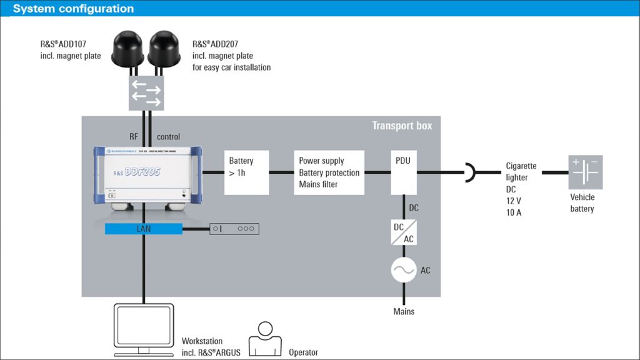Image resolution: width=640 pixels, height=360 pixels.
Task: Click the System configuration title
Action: (x=73, y=9)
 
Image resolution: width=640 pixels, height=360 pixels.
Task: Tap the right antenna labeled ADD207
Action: (x=164, y=49)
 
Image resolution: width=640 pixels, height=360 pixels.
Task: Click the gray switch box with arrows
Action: (x=146, y=93)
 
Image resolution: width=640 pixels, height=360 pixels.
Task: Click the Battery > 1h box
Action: (x=246, y=172)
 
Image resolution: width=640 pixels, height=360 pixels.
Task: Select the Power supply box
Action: (x=329, y=172)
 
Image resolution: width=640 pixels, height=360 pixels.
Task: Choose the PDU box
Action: (x=404, y=172)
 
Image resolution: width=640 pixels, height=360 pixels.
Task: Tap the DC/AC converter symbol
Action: (x=404, y=232)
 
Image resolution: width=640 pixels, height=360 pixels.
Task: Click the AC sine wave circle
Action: (x=404, y=270)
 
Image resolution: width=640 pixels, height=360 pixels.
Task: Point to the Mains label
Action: (x=404, y=311)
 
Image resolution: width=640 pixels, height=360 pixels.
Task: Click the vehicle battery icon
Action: (x=585, y=172)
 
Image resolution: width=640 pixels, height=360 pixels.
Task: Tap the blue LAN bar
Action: (x=143, y=229)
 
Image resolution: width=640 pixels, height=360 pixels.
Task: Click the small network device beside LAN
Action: (x=234, y=229)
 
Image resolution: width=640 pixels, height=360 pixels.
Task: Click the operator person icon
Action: (x=266, y=339)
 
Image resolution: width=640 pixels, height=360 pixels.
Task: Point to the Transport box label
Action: (x=402, y=126)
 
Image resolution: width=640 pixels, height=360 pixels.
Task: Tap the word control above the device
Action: (x=168, y=137)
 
